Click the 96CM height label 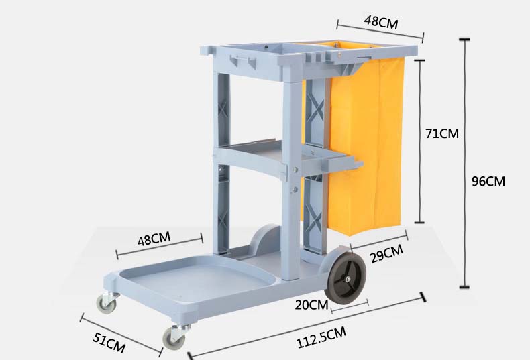[488, 181]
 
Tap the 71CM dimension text [441, 133]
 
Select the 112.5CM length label [321, 339]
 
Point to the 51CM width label [109, 342]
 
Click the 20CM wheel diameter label [311, 305]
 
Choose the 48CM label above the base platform [154, 239]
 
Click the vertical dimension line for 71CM [421, 141]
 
